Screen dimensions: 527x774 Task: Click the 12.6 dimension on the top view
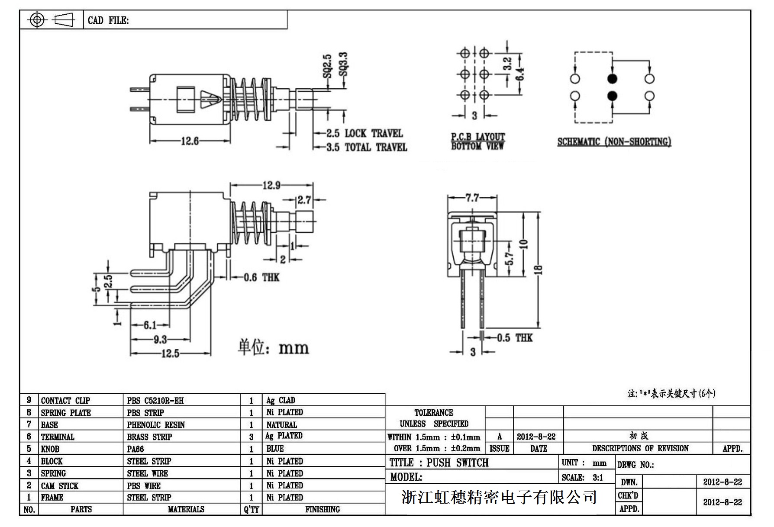coord(190,141)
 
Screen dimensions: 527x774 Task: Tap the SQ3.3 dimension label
coord(343,64)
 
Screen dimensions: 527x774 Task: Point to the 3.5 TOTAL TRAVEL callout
coord(367,148)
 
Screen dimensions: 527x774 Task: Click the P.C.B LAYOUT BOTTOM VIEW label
coord(478,141)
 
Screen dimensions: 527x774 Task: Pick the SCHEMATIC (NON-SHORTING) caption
coord(614,142)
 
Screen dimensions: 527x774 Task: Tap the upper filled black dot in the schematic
coord(612,79)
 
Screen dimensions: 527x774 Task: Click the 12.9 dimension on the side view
coord(271,186)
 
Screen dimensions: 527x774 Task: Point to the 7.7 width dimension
coord(472,198)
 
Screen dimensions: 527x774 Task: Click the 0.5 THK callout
coord(514,338)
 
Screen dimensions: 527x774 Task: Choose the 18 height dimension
coord(538,269)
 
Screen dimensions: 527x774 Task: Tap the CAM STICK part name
coord(60,486)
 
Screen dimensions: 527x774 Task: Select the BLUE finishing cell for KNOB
coord(275,449)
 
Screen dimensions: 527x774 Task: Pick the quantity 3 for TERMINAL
coord(251,437)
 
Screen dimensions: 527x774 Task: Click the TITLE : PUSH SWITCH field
coord(439,463)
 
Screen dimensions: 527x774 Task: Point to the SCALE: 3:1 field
coord(582,478)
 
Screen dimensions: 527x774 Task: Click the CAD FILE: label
coord(108,20)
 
